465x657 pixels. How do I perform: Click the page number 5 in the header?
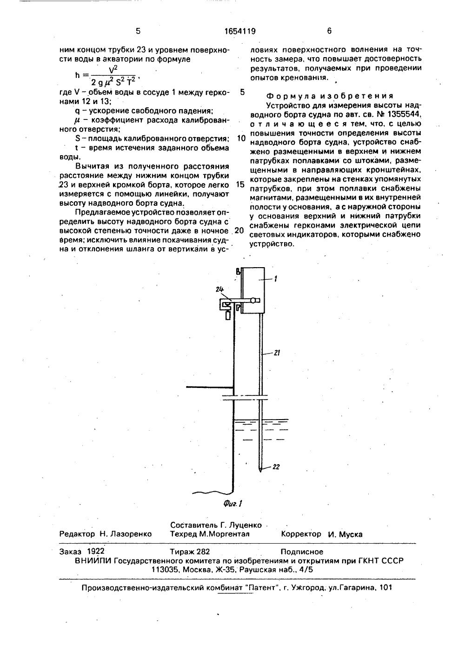coord(138,32)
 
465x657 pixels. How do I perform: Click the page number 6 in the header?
coord(329,32)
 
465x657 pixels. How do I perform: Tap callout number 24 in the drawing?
coord(220,289)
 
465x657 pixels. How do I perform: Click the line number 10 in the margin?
coord(241,138)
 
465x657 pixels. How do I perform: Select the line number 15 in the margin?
coord(240,184)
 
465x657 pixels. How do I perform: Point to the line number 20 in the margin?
coord(240,230)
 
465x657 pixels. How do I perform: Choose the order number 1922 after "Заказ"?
coord(96,552)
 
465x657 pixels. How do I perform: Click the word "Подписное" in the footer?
coord(302,552)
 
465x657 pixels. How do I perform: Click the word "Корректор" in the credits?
coord(301,534)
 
